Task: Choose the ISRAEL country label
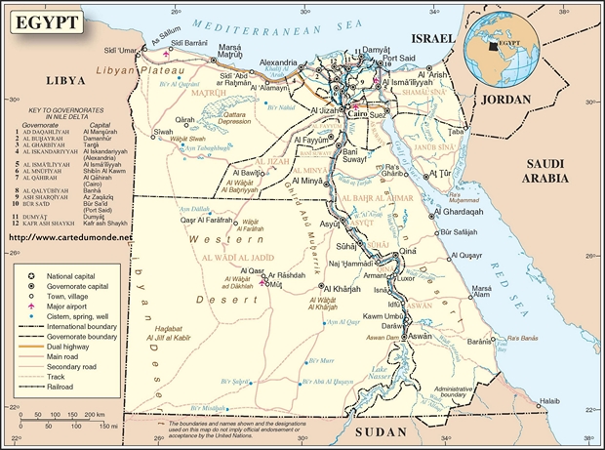click(x=432, y=37)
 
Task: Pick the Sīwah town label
click(x=163, y=131)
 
